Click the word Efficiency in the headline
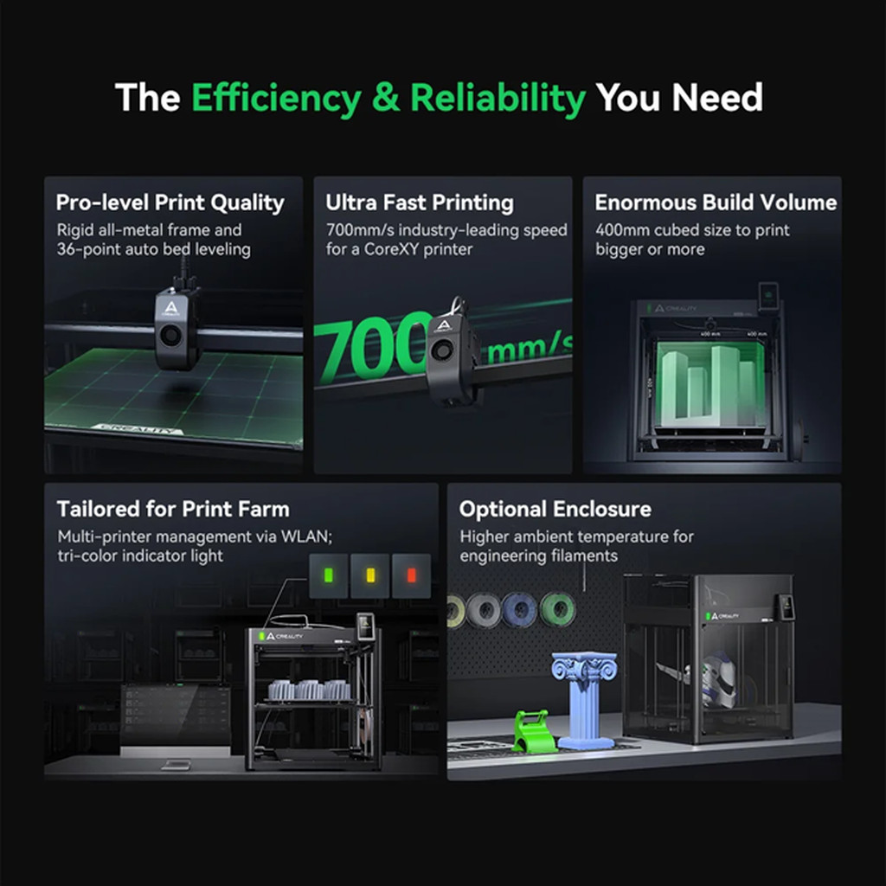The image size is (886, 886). point(276,99)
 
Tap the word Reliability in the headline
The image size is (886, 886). point(498,99)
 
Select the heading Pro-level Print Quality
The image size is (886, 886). point(170,202)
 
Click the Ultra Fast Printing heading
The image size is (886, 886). point(420,202)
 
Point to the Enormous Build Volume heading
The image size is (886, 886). point(716,202)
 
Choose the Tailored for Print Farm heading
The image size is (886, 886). point(173,509)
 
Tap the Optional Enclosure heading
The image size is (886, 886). point(555,510)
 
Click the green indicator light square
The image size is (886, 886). point(328,575)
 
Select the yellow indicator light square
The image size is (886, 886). point(370,575)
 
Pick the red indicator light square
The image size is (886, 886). point(411,575)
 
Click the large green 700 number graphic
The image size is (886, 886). point(374,346)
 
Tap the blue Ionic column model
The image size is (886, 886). point(584,699)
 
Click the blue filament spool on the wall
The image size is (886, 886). point(519,610)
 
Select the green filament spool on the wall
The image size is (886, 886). point(557,609)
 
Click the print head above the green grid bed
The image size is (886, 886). point(176,327)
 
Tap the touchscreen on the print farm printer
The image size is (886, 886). point(366,626)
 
